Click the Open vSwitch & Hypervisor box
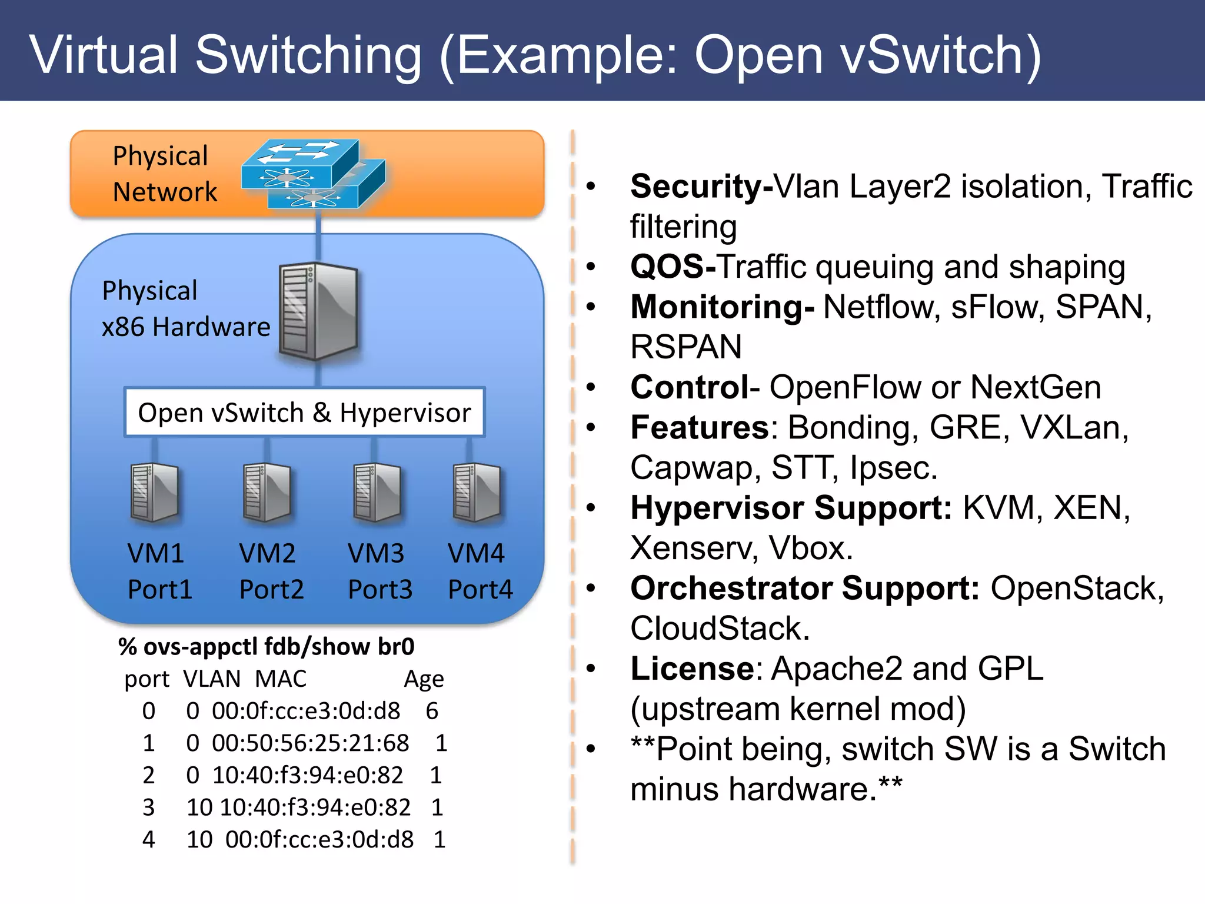(304, 413)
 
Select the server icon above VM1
(154, 493)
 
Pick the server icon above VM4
(477, 493)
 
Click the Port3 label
(380, 589)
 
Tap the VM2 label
(267, 553)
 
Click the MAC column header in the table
(281, 679)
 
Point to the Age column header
(424, 679)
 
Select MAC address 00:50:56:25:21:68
(310, 743)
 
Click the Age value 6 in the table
(432, 711)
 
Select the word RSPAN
(686, 347)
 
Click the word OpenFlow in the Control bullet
(846, 387)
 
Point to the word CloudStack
(720, 628)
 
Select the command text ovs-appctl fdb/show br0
(278, 647)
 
